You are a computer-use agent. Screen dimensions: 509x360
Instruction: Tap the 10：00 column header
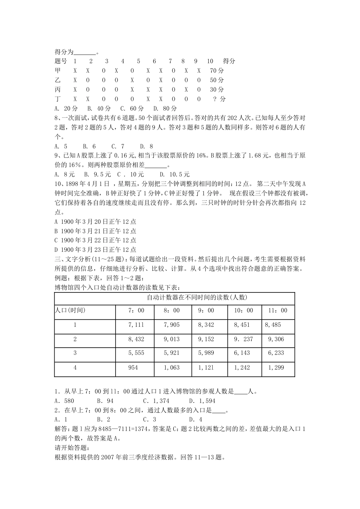[x=243, y=311]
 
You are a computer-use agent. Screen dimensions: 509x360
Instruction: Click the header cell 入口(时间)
[x=70, y=311]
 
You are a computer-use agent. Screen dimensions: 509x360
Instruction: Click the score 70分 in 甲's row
[x=217, y=70]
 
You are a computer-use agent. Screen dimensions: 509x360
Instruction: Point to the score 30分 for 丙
[x=217, y=89]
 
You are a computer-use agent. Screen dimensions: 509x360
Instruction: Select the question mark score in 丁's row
[x=219, y=99]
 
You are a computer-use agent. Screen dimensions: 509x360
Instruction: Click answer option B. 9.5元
[x=97, y=175]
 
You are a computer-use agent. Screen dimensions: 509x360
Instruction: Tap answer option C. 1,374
[x=156, y=401]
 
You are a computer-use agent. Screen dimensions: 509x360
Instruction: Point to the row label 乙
[x=58, y=80]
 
